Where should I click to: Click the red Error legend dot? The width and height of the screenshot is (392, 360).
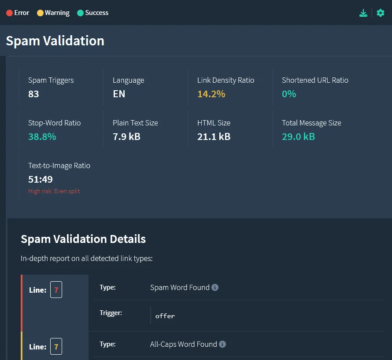9,13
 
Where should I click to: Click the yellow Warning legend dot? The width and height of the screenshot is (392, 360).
40,13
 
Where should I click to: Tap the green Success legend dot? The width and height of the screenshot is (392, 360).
80,13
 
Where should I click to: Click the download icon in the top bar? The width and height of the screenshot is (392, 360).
363,13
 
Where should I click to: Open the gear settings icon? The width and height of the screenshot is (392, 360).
381,13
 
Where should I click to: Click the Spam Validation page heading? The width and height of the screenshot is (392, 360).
55,41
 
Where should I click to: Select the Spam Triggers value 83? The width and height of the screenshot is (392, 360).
33,94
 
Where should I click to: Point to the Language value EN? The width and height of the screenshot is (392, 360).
119,94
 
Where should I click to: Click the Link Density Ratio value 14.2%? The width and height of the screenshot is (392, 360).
211,94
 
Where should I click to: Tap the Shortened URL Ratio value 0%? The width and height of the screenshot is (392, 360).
289,94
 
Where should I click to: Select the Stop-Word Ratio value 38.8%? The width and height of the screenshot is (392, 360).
42,136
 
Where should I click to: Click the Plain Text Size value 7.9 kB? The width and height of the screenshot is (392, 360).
126,136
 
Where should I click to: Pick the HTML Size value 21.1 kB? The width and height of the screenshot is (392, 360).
214,136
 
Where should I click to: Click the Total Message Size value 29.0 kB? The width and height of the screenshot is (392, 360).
298,136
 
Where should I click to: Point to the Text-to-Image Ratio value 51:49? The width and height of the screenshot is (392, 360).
41,179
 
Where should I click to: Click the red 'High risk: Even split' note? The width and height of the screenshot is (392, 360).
54,191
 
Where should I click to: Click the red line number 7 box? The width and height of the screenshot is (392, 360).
56,290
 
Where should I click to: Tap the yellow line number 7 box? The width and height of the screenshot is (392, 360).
56,347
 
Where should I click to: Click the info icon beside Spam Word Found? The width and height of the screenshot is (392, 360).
215,287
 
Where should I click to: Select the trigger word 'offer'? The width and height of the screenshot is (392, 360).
165,316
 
